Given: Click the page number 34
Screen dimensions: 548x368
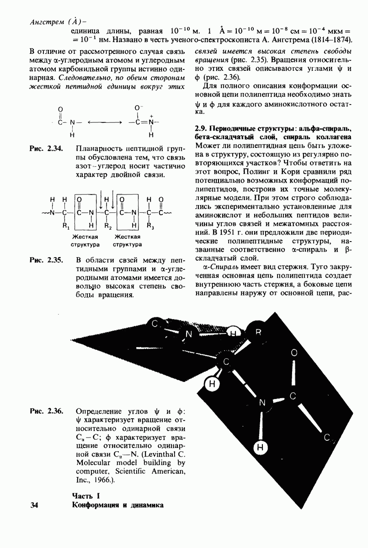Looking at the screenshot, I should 34,506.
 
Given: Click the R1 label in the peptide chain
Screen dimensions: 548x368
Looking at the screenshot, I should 65,226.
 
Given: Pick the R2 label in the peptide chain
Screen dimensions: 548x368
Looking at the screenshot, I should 108,226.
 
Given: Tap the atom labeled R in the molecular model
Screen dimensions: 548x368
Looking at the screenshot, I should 258,332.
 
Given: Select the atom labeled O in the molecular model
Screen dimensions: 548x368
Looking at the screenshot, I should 294,353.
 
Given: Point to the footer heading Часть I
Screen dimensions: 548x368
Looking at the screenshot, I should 85,496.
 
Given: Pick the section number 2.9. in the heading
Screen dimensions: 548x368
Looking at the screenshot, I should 202,126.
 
